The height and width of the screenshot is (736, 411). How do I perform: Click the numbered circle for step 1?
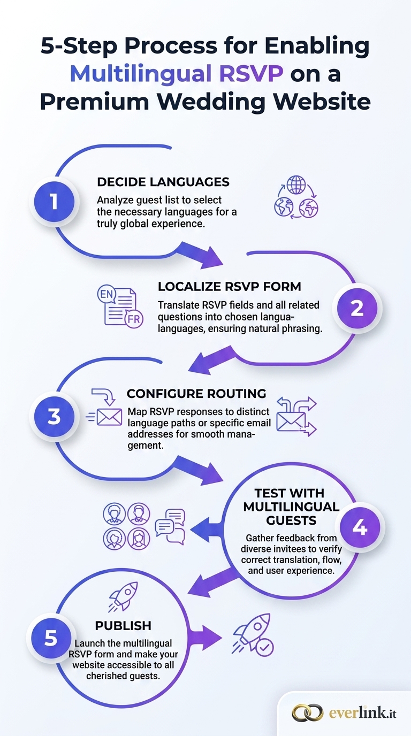pyautogui.click(x=54, y=201)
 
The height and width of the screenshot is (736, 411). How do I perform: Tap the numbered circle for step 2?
pyautogui.click(x=357, y=308)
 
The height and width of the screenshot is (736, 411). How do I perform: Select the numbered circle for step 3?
pyautogui.click(x=54, y=416)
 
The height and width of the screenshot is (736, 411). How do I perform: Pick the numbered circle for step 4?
pyautogui.click(x=360, y=527)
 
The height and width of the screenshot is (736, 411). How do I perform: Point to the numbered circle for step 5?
pyautogui.click(x=51, y=638)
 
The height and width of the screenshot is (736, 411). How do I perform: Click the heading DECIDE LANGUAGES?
pyautogui.click(x=163, y=182)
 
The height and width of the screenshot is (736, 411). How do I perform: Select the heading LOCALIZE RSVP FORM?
pyautogui.click(x=230, y=287)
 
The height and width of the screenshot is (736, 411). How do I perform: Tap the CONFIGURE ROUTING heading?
pyautogui.click(x=196, y=394)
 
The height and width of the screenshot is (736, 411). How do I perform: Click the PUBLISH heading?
pyautogui.click(x=123, y=626)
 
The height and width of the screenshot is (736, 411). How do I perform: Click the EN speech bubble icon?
pyautogui.click(x=106, y=294)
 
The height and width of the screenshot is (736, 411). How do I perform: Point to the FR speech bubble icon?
pyautogui.click(x=134, y=319)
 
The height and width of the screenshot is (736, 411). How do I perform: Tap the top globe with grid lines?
pyautogui.click(x=296, y=185)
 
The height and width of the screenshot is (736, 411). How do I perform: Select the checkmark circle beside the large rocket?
pyautogui.click(x=264, y=647)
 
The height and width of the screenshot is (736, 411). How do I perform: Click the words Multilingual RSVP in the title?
pyautogui.click(x=177, y=74)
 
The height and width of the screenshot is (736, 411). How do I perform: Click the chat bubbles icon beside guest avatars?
pyautogui.click(x=170, y=527)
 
